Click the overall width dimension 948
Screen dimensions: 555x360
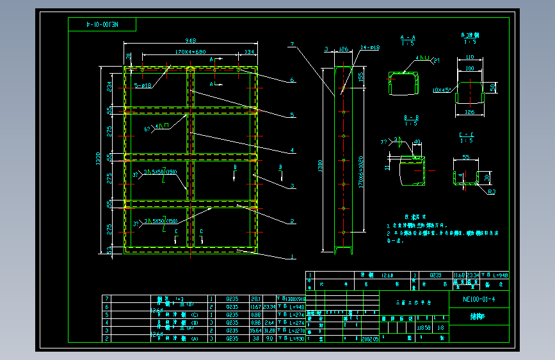point(190,40)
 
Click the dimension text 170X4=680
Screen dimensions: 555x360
point(189,51)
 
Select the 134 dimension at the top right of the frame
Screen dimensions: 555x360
point(249,51)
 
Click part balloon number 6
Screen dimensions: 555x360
point(292,80)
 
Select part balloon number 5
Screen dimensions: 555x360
point(292,115)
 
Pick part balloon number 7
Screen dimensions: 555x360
point(291,44)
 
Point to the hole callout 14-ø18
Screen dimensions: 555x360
point(370,47)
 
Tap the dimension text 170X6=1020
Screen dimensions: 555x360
point(362,173)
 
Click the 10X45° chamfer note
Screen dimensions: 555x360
point(441,90)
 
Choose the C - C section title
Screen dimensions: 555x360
point(466,135)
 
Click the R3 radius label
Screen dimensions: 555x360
point(490,191)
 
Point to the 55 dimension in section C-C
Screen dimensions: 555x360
point(465,157)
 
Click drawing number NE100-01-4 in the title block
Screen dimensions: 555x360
point(479,299)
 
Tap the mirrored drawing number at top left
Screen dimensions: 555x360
point(102,24)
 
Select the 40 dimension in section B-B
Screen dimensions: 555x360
point(417,142)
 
